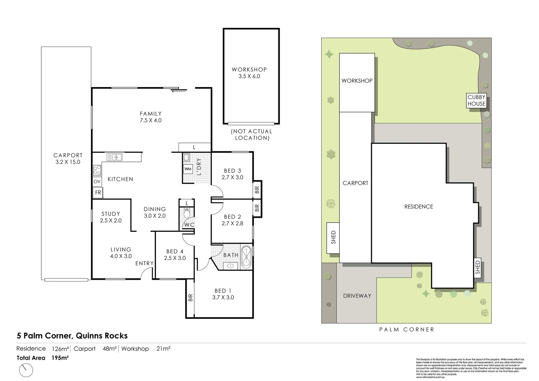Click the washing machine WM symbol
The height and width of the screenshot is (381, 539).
click(188, 169)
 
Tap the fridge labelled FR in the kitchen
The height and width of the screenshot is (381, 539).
click(98, 193)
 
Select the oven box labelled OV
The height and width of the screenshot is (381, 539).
click(97, 182)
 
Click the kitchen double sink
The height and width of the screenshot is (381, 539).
click(114, 157)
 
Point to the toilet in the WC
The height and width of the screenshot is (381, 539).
click(187, 213)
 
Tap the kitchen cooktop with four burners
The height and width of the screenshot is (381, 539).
click(97, 170)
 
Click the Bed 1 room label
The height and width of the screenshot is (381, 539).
click(223, 294)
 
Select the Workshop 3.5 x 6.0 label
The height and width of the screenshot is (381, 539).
click(249, 73)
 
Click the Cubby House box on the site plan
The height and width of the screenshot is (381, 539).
click(476, 101)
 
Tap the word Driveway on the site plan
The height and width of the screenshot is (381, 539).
click(357, 296)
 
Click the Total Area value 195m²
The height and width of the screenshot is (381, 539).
click(60, 358)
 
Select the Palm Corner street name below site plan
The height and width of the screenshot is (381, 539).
click(406, 329)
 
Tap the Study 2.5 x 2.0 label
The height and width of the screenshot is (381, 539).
click(111, 217)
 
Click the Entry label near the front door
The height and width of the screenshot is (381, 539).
click(144, 263)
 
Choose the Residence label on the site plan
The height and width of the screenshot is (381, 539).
click(418, 206)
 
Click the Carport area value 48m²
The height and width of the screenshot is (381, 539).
click(110, 349)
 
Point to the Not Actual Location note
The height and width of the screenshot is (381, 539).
click(252, 134)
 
